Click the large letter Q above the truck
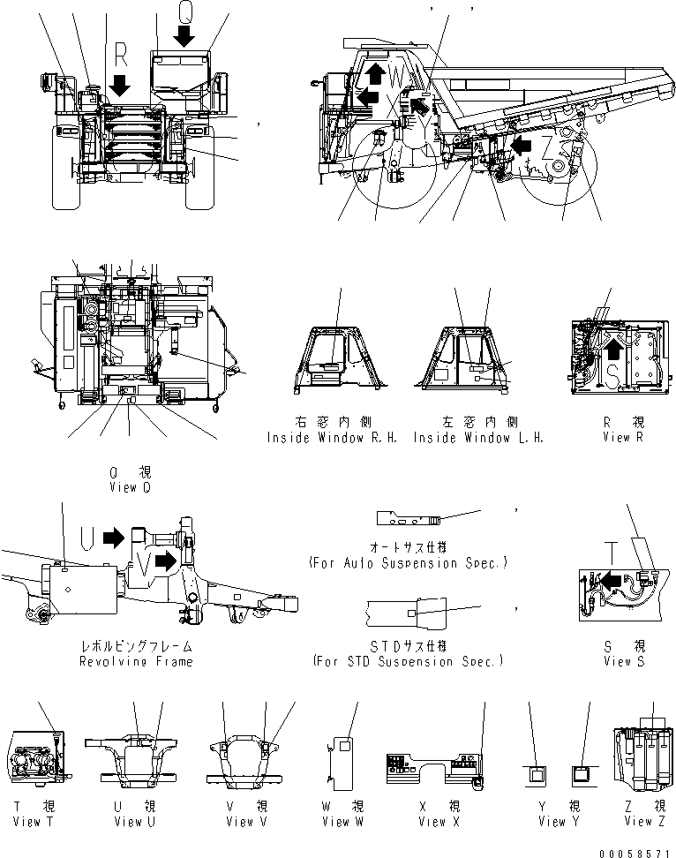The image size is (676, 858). point(184,11)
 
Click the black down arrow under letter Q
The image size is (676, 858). point(184,36)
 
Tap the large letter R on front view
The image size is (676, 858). point(122,58)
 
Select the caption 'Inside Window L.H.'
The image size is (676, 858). point(478,438)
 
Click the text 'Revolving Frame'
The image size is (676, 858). point(135,661)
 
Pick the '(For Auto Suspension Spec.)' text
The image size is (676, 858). point(408,562)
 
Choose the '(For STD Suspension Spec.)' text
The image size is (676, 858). point(408,661)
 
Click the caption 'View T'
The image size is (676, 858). point(36,822)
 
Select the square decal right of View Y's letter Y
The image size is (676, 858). point(581,774)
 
